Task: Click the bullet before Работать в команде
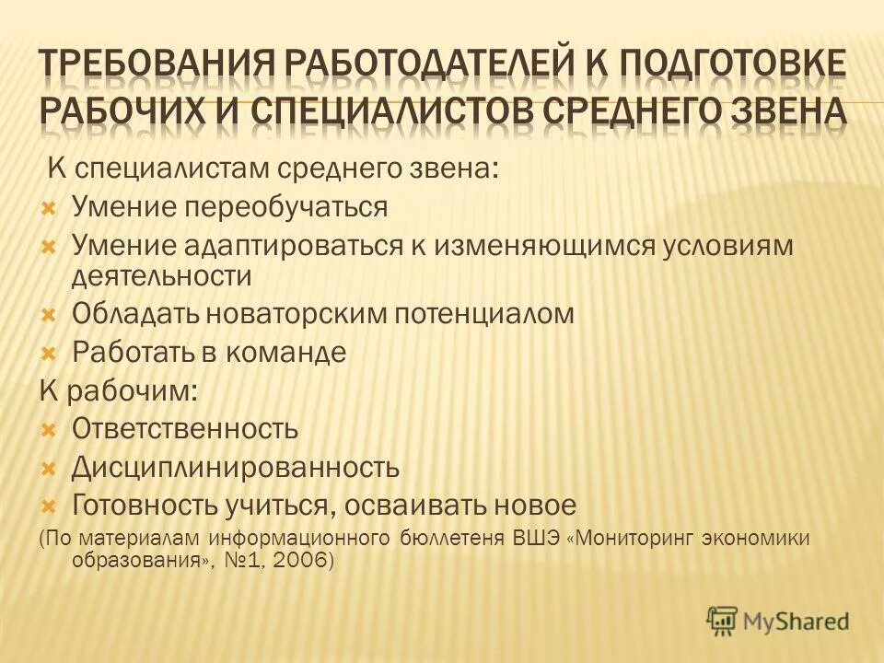[51, 353]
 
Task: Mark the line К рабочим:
[117, 390]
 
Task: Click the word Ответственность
[185, 428]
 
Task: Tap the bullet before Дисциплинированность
[51, 468]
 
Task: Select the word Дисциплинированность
[236, 468]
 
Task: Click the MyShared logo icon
[723, 621]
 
